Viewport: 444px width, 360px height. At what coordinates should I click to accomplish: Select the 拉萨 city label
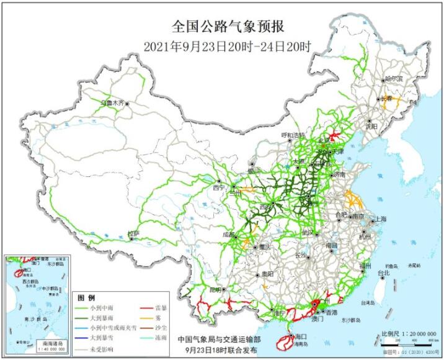click(x=133, y=233)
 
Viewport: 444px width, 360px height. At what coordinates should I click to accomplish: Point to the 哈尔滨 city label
click(x=393, y=79)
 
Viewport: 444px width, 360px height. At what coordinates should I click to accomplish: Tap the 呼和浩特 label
click(x=293, y=135)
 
